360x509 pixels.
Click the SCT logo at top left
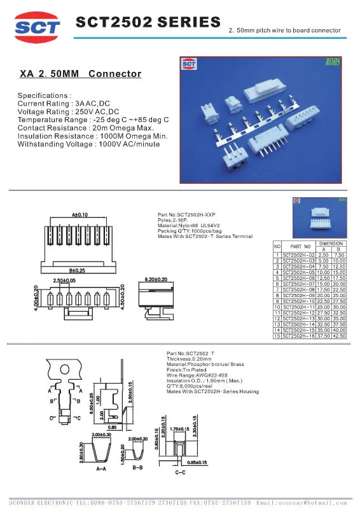point(38,26)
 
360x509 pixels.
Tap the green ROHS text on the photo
point(332,62)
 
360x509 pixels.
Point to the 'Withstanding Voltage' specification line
point(88,145)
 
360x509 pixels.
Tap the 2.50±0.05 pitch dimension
point(64,281)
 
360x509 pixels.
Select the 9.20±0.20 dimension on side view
point(156,279)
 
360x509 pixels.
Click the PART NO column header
point(300,246)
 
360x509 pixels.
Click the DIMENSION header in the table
point(331,243)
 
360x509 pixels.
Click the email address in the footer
point(310,502)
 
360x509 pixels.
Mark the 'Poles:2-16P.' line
point(174,220)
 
